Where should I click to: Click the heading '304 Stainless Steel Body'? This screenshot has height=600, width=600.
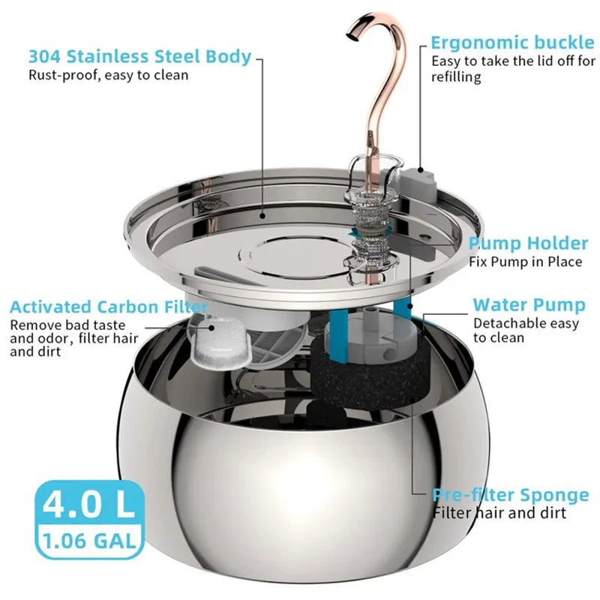click(140, 57)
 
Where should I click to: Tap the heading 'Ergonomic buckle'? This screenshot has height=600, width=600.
click(513, 43)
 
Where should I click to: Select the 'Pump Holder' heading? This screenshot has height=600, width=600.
click(529, 243)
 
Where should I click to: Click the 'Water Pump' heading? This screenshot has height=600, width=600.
click(529, 305)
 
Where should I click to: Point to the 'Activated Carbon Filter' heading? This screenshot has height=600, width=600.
click(109, 307)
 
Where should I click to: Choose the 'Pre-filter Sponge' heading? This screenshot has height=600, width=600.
click(511, 495)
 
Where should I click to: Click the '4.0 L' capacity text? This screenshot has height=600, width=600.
click(88, 504)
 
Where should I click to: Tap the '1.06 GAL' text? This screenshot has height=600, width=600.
click(89, 541)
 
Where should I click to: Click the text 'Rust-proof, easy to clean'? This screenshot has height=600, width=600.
click(109, 75)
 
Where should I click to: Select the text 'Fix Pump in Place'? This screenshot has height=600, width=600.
click(526, 262)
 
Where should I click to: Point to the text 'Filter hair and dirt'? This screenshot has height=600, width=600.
click(499, 512)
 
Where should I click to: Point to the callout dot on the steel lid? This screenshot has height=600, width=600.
click(262, 216)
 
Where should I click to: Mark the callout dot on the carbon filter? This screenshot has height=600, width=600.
click(211, 328)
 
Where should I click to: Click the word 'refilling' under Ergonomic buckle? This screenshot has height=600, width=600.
click(456, 76)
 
